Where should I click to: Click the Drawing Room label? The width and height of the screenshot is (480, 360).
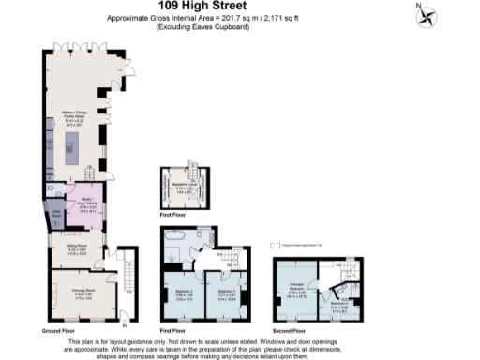point(80,293)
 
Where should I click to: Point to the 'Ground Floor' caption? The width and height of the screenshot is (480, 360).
point(58,331)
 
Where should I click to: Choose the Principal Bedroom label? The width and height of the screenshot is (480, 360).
point(296,292)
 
